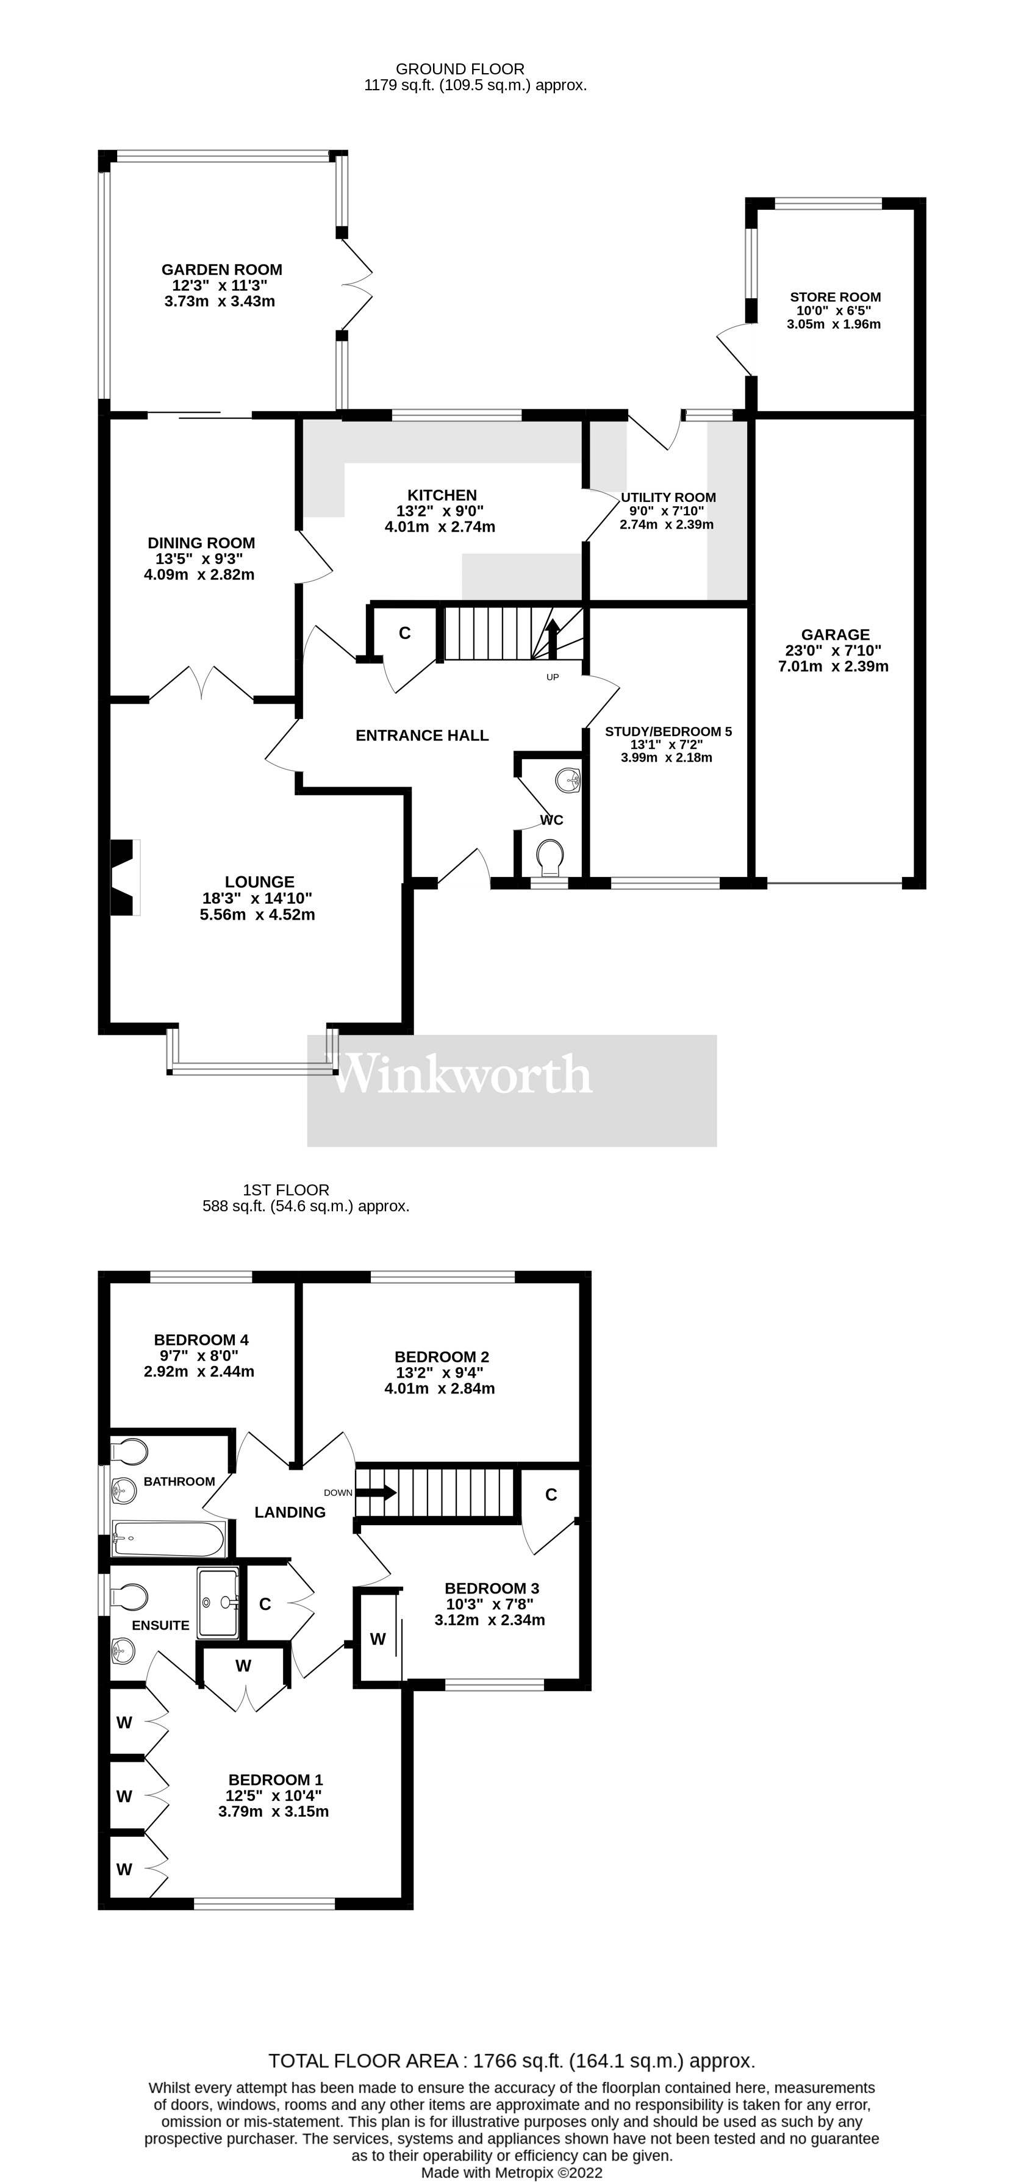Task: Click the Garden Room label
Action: (222, 270)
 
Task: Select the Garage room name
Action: (835, 634)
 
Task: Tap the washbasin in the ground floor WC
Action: (568, 778)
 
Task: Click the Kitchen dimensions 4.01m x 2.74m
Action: (440, 527)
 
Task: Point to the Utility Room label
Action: (668, 497)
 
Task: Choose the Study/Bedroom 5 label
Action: (668, 732)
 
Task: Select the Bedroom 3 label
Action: (491, 1588)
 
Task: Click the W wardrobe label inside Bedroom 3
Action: (378, 1639)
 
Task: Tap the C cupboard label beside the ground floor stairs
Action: (405, 633)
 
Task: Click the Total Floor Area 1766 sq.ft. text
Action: (512, 2061)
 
